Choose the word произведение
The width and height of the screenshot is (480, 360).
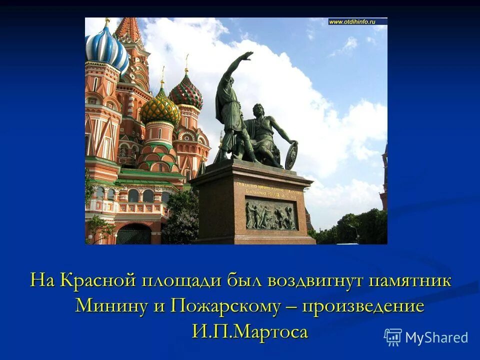click(362, 305)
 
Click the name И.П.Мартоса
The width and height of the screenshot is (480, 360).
click(249, 331)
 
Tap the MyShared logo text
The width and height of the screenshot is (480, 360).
click(436, 337)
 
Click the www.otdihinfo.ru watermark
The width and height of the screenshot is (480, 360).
click(357, 21)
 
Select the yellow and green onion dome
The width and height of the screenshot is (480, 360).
click(159, 107)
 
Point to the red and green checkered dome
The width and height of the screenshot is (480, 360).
click(185, 92)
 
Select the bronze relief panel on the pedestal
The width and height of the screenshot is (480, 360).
click(270, 215)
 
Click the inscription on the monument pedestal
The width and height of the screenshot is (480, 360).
click(269, 189)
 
